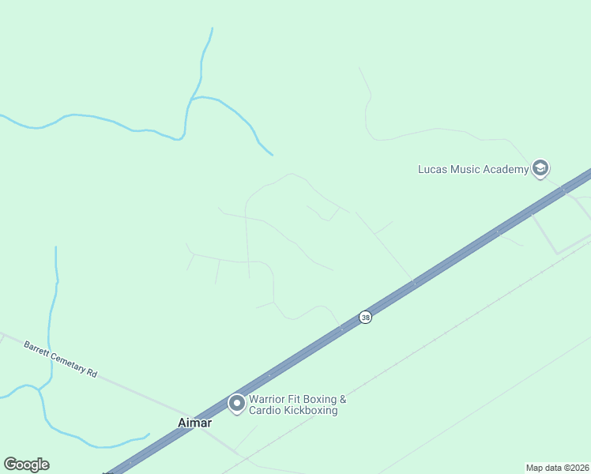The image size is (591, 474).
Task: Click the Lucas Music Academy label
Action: click(x=472, y=169)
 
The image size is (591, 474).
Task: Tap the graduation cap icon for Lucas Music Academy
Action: click(x=540, y=167)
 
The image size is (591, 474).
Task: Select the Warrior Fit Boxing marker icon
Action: click(x=236, y=404)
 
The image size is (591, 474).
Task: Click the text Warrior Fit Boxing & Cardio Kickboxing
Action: click(x=297, y=404)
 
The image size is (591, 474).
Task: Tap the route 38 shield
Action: click(x=365, y=317)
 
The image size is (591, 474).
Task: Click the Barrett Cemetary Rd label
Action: click(x=60, y=359)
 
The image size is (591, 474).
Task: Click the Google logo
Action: click(x=26, y=465)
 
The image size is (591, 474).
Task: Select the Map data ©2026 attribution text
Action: click(x=558, y=468)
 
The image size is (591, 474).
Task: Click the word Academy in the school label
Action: click(x=506, y=169)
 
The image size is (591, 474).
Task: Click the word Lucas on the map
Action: click(x=432, y=169)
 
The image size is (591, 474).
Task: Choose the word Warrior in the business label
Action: click(x=266, y=399)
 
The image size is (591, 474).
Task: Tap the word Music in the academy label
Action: click(x=466, y=169)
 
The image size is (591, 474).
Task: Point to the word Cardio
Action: click(x=264, y=410)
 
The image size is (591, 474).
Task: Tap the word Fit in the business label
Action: click(x=293, y=399)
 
